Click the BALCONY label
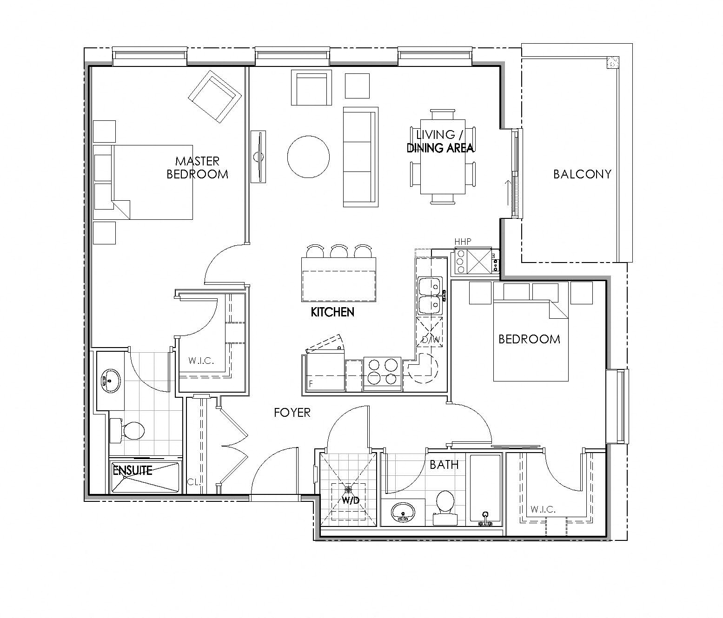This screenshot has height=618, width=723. (582, 174)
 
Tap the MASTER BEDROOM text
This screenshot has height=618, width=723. (197, 168)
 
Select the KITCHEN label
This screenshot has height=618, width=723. (332, 312)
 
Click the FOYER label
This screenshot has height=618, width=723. (292, 412)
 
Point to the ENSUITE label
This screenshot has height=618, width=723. (133, 470)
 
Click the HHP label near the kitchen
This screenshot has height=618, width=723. (463, 241)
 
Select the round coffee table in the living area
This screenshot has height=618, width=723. (308, 157)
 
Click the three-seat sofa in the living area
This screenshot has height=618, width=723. (360, 157)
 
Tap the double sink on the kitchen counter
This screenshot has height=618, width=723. (431, 296)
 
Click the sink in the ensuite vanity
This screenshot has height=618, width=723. (110, 381)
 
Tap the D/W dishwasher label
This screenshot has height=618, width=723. (430, 340)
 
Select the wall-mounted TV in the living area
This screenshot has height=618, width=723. (258, 157)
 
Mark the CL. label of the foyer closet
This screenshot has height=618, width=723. (193, 482)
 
